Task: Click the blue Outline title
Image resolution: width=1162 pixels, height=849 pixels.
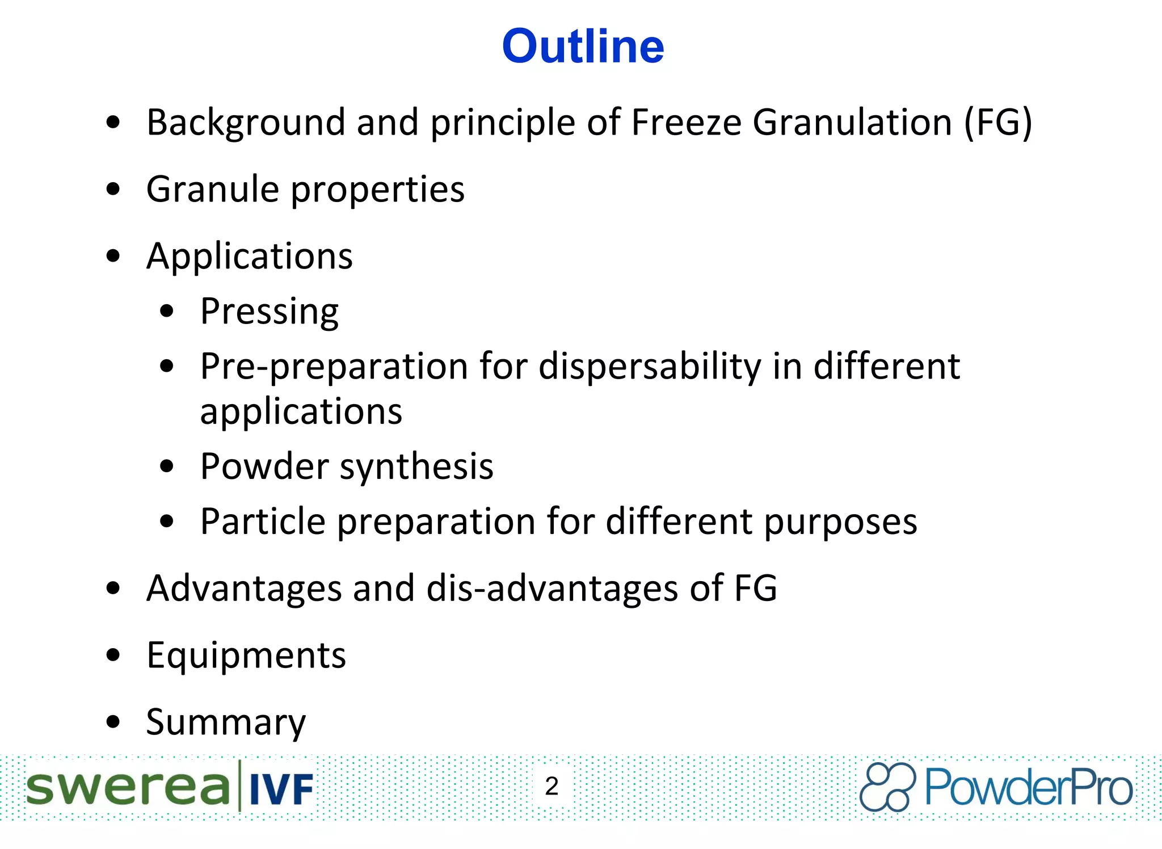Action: pos(583,46)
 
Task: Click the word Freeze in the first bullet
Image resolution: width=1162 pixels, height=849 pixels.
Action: pos(686,123)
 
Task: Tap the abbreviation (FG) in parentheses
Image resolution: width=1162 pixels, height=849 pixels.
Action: pos(998,123)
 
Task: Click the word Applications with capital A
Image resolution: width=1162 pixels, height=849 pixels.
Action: pos(250,257)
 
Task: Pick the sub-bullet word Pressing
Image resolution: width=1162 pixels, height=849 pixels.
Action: pos(270,312)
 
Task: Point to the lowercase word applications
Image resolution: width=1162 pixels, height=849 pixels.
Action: pos(301,411)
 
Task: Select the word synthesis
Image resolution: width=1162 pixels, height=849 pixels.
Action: pos(416,467)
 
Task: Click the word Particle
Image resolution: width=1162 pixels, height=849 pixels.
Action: pos(263,522)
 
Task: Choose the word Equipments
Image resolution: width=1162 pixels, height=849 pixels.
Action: pos(246,656)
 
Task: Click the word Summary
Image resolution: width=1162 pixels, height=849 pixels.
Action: pos(226,723)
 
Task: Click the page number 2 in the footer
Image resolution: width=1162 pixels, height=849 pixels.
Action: pos(551,787)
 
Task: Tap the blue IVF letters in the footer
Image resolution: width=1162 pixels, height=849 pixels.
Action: pos(281,789)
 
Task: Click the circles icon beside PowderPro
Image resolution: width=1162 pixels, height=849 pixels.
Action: pos(887,787)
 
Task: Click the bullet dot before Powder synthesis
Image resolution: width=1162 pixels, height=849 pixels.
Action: pos(167,466)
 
